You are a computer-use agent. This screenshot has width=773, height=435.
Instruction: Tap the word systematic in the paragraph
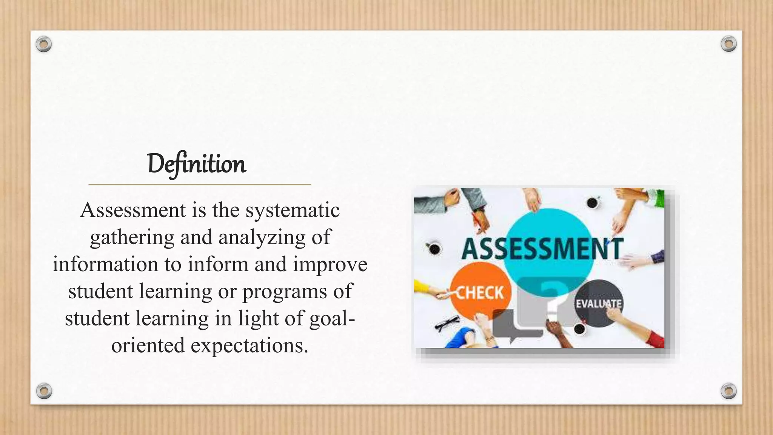293,210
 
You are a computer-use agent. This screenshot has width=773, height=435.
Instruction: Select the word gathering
132,238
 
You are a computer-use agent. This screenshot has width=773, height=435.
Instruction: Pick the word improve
330,265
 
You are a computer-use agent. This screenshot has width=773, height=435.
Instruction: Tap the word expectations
249,346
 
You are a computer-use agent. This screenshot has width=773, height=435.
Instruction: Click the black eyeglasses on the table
447,323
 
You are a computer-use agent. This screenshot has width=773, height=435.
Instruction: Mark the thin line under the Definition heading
200,185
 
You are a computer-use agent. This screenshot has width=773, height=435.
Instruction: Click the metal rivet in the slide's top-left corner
44,45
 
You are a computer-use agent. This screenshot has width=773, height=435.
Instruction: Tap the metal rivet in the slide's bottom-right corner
728,391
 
